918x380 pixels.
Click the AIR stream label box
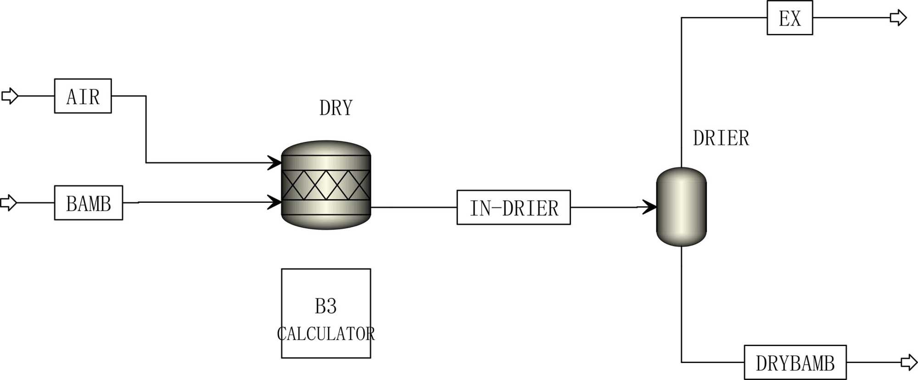83,96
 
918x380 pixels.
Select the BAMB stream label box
89,203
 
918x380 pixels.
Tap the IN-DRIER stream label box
514,207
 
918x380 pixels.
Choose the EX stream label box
789,18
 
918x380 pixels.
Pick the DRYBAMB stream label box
795,363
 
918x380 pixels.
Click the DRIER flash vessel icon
681,207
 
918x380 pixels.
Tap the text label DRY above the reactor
336,108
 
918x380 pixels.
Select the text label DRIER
721,138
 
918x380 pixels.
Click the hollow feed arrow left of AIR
10,96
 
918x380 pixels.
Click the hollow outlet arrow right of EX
898,18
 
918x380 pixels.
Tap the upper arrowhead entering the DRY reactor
275,162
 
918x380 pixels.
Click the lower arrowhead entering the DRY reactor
275,202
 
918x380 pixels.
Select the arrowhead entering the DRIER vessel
649,207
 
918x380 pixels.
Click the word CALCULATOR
326,334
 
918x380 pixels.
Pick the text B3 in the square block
326,306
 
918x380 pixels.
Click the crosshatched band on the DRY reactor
326,185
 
